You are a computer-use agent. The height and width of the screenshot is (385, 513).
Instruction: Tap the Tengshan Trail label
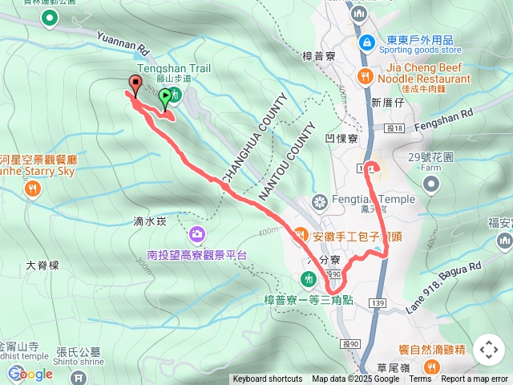tap(174, 69)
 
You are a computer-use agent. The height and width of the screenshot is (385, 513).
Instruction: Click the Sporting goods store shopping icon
tap(366, 41)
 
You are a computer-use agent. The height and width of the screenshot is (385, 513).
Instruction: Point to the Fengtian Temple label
tap(359, 201)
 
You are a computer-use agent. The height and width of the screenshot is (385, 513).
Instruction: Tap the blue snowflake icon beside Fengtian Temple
tap(319, 201)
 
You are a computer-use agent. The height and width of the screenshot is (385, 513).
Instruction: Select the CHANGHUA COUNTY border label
tap(254, 140)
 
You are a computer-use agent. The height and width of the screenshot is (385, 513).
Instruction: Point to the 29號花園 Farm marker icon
tap(431, 185)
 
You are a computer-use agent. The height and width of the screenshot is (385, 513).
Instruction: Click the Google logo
tap(30, 374)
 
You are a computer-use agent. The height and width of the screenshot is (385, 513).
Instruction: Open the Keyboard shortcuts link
tap(268, 379)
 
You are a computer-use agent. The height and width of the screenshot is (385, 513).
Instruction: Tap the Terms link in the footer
tap(420, 379)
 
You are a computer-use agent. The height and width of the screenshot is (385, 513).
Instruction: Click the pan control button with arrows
tap(488, 350)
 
